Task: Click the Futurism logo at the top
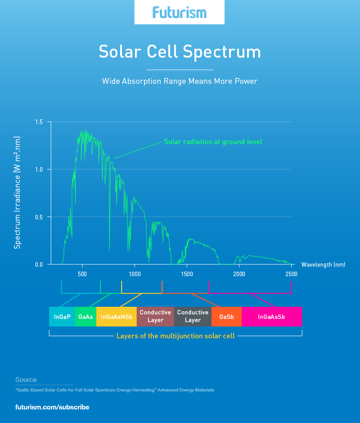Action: (x=180, y=12)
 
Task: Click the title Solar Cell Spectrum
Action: (x=180, y=51)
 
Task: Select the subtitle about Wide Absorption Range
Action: (x=180, y=82)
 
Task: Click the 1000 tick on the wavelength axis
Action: (x=134, y=274)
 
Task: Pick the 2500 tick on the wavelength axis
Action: (x=291, y=274)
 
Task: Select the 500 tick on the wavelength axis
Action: (x=82, y=274)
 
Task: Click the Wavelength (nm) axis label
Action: (x=323, y=265)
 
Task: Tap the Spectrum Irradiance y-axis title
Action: (x=18, y=193)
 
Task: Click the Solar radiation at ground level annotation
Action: (x=213, y=142)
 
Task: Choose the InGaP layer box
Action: (x=62, y=317)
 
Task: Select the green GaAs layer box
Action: (x=85, y=317)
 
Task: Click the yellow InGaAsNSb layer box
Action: (x=116, y=317)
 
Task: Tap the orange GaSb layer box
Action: (x=226, y=317)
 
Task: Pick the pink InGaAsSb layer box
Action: (x=271, y=317)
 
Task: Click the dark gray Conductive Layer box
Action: (x=193, y=316)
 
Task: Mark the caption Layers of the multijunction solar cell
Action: (x=175, y=336)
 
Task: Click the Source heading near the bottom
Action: (x=26, y=380)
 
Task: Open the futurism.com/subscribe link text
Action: (x=52, y=407)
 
